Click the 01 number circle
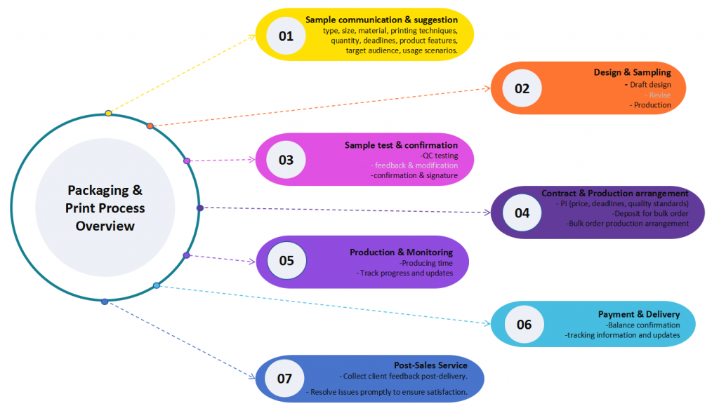pyautogui.click(x=286, y=36)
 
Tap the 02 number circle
pyautogui.click(x=522, y=89)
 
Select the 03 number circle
pyautogui.click(x=286, y=159)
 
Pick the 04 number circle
pyautogui.click(x=522, y=213)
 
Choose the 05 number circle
pyautogui.click(x=286, y=261)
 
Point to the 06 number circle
pyautogui.click(x=524, y=324)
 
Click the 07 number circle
pyautogui.click(x=284, y=379)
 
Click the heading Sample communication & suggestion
pyautogui.click(x=381, y=20)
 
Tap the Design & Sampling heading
pyautogui.click(x=632, y=72)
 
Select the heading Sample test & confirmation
pyautogui.click(x=401, y=145)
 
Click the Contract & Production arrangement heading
pyautogui.click(x=614, y=193)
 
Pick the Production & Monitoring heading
pyautogui.click(x=401, y=252)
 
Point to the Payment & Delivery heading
pyautogui.click(x=639, y=314)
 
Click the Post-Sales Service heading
pyautogui.click(x=430, y=365)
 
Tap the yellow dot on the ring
pyautogui.click(x=108, y=113)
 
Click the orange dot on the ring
pyautogui.click(x=150, y=126)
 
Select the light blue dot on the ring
pyautogui.click(x=157, y=285)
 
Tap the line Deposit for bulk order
pyautogui.click(x=650, y=213)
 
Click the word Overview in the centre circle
pyautogui.click(x=105, y=226)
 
